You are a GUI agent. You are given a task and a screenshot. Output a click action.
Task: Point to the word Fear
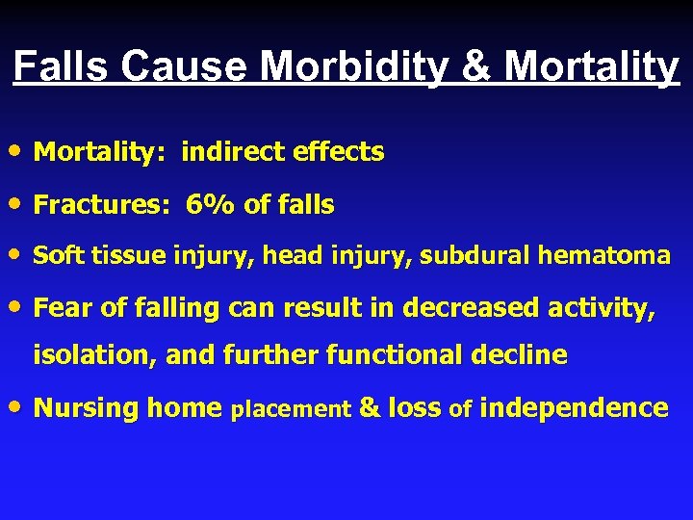tap(63, 307)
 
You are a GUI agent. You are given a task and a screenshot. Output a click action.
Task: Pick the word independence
tap(573, 407)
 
